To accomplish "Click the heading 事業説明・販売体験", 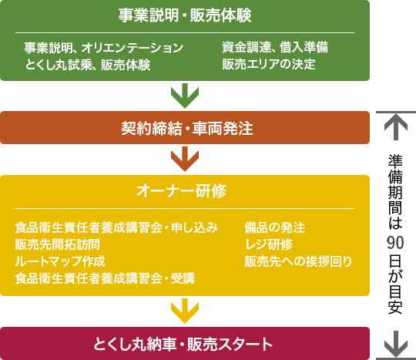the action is pos(185,15).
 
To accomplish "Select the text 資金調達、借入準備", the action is pos(275,48).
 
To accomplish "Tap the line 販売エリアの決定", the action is pos(269,64).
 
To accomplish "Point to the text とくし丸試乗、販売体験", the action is pos(88,65).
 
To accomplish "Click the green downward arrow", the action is pos(185,96).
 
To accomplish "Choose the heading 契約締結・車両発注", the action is pos(187,128).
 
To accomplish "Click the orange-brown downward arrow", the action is pos(185,159).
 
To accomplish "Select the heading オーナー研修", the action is pos(182,190).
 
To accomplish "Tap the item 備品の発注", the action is pos(274,227).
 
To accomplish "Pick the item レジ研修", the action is pos(269,244).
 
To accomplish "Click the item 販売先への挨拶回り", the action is pos(298,261).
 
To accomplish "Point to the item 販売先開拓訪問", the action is pos(57,244).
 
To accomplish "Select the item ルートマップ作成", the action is pos(60,261).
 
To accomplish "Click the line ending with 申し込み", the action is pos(116,227).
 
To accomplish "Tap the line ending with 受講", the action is pos(105,278).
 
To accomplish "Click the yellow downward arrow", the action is pos(185,311).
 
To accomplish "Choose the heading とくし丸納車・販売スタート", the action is pos(183,344).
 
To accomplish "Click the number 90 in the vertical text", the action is pos(395,242).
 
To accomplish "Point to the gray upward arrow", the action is pos(396,127).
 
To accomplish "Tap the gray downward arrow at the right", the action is pos(396,344).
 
